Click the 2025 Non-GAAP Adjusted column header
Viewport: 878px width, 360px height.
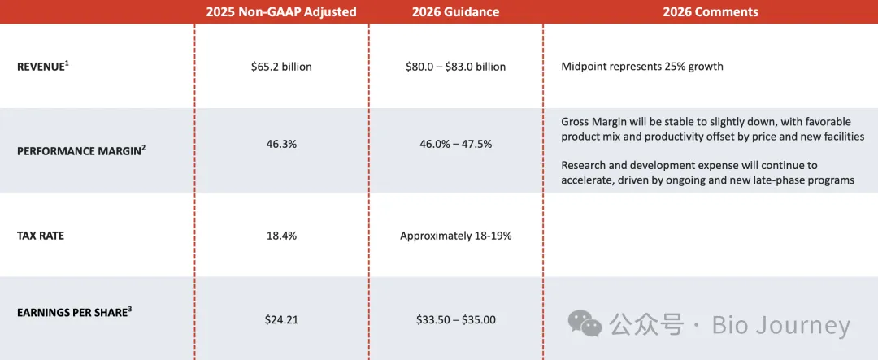click(281, 11)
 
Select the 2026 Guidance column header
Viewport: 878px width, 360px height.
click(455, 11)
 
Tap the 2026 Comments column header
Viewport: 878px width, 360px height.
click(710, 11)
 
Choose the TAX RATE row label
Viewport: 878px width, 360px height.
click(41, 236)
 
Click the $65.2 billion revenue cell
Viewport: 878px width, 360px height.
click(281, 67)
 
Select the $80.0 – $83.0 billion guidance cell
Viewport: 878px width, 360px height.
click(455, 67)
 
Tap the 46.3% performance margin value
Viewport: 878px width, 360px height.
click(281, 144)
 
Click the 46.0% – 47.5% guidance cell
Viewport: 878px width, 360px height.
click(455, 144)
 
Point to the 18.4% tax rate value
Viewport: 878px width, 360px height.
click(281, 236)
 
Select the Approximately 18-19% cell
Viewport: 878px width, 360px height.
click(455, 236)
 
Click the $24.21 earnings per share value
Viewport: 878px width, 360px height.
click(281, 319)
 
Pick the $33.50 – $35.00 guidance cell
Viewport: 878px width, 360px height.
click(455, 319)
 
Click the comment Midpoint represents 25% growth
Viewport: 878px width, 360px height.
click(641, 66)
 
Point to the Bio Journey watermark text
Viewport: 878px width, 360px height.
click(780, 326)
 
